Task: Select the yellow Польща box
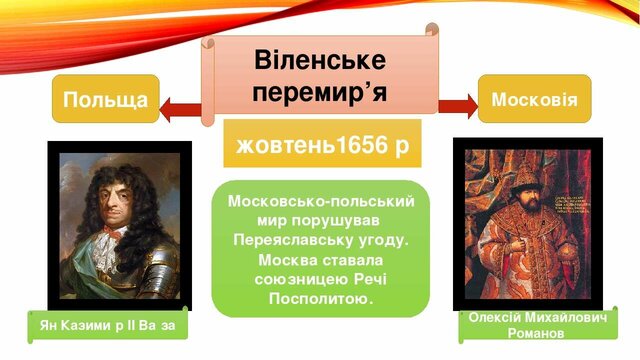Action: (x=105, y=99)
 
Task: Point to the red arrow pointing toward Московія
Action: (x=458, y=104)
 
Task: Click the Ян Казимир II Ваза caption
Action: (x=107, y=326)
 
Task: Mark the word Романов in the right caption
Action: (x=538, y=332)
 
